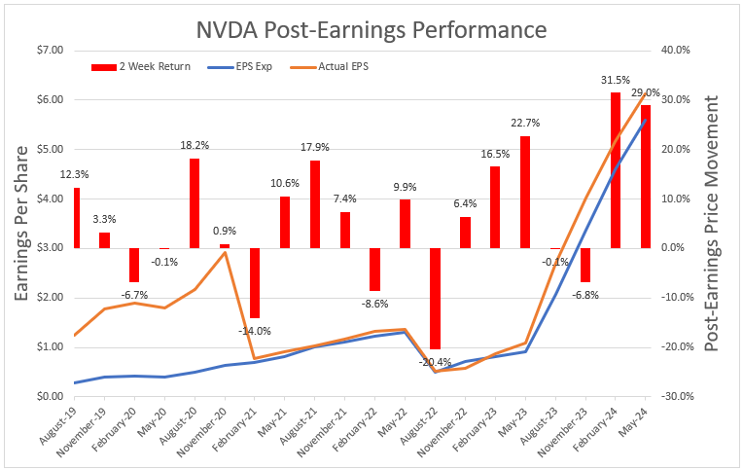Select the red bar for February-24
click(616, 169)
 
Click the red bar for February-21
click(255, 282)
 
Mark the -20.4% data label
click(434, 362)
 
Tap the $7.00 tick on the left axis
click(48, 50)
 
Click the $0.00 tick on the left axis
click(48, 396)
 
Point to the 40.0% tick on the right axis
click(677, 50)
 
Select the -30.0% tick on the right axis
click(676, 396)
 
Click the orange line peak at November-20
click(225, 253)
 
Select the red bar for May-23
click(525, 192)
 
